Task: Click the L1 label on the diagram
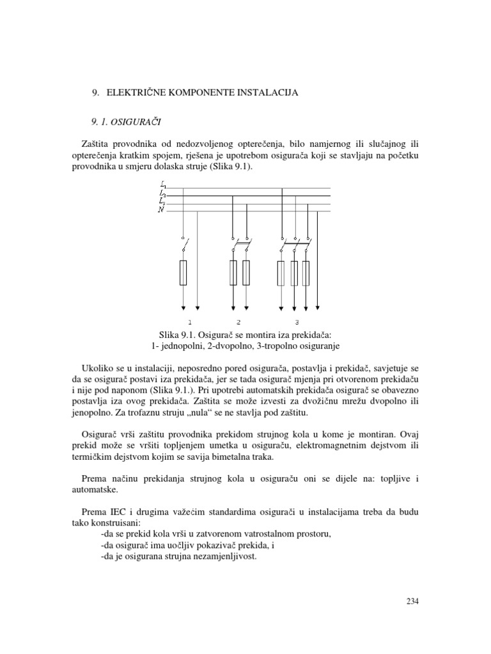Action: pos(162,185)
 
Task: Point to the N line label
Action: pos(161,210)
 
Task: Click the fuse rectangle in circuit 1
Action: pos(183,273)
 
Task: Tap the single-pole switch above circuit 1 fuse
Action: pos(184,243)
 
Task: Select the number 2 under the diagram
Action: pos(238,321)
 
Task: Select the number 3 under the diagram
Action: pos(296,321)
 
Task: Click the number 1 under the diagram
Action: pos(190,321)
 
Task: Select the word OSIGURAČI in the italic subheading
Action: pos(142,121)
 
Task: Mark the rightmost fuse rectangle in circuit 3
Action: pos(306,273)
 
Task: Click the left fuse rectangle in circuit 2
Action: pos(233,273)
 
